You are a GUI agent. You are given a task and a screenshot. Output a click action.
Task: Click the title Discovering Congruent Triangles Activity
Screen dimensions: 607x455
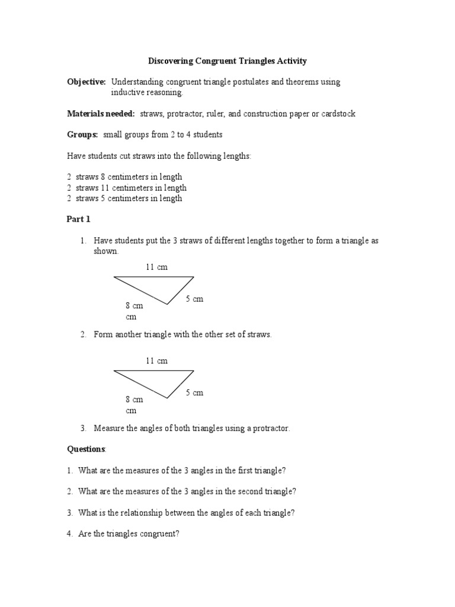(x=227, y=60)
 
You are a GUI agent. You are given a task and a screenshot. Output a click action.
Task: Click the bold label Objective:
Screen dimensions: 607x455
(x=86, y=82)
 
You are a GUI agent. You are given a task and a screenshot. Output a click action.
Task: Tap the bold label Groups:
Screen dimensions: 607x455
(x=82, y=135)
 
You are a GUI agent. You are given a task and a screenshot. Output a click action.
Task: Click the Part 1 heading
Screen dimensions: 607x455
(x=78, y=219)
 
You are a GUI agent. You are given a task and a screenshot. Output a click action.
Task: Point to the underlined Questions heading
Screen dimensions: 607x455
(x=86, y=449)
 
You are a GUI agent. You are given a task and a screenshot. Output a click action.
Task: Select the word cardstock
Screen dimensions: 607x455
(x=337, y=113)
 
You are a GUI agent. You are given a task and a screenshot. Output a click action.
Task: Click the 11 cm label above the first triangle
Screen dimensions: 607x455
(x=157, y=267)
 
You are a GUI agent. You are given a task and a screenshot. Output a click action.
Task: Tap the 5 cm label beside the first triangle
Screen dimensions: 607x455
(x=194, y=299)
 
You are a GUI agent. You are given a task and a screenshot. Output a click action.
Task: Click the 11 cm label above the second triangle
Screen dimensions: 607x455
(x=157, y=361)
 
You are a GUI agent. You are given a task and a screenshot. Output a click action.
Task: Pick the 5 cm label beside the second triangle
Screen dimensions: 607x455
(x=194, y=393)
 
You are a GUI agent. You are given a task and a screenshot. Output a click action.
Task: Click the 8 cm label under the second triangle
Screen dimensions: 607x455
(x=134, y=400)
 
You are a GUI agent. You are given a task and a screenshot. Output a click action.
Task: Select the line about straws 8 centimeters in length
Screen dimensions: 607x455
(x=125, y=177)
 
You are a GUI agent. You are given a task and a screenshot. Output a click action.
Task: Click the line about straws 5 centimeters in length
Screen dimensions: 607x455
(x=125, y=199)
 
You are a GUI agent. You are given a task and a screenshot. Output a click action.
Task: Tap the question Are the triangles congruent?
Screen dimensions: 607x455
(x=128, y=533)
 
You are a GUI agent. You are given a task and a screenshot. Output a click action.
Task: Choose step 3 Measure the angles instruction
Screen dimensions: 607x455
(x=191, y=428)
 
